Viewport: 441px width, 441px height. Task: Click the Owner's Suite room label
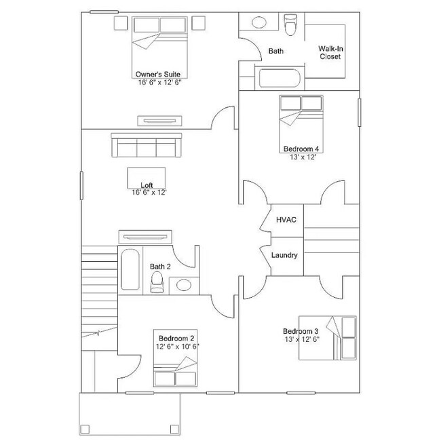(158, 74)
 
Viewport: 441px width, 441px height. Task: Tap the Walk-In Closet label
(330, 53)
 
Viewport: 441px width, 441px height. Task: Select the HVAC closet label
(286, 220)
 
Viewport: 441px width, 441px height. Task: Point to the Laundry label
(284, 255)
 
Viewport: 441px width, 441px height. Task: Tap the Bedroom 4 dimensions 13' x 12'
(303, 157)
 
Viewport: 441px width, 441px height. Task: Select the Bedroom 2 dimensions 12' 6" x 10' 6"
(178, 347)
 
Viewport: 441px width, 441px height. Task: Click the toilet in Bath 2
(157, 282)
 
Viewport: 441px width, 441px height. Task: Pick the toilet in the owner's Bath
(290, 24)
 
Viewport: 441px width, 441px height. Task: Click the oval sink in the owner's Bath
(259, 22)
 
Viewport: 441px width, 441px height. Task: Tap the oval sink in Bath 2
(184, 285)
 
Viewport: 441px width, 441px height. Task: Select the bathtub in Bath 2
(130, 269)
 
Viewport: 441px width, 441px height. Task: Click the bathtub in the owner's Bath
(280, 78)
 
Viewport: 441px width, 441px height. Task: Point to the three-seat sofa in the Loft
(147, 145)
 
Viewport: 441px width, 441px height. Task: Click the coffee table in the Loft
(147, 178)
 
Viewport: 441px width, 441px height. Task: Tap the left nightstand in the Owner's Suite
(121, 23)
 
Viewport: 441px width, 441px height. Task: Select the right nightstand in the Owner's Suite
(198, 23)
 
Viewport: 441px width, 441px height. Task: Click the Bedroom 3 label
(301, 331)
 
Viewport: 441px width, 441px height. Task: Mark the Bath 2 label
(160, 267)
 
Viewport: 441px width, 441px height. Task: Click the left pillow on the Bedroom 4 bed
(290, 103)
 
